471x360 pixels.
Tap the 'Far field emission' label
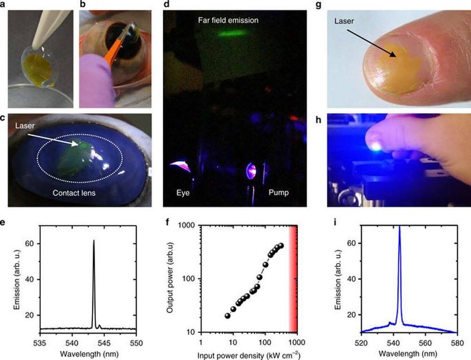coord(228,21)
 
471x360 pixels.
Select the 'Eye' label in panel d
coord(184,192)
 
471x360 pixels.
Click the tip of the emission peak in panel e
coord(94,241)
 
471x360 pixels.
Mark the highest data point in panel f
coord(281,246)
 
